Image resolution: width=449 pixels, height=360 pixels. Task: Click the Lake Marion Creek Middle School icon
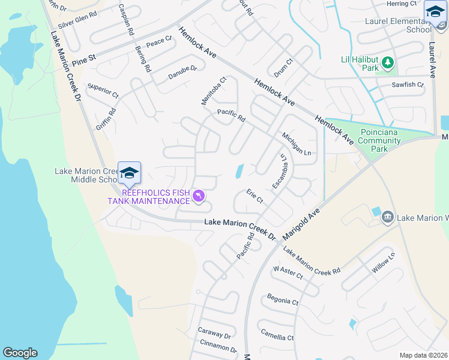click(129, 173)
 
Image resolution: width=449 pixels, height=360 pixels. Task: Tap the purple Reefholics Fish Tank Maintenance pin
click(199, 196)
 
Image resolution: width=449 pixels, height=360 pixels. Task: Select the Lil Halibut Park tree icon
click(388, 62)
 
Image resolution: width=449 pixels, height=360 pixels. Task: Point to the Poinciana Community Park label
click(380, 141)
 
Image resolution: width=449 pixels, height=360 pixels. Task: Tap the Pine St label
click(84, 61)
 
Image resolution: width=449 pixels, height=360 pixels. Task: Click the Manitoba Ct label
click(214, 91)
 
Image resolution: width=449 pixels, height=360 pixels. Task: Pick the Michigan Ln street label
click(297, 145)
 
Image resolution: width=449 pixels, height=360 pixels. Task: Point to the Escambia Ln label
click(280, 172)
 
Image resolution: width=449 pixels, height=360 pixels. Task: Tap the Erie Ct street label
click(255, 196)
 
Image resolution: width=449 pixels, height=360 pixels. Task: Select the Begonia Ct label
click(283, 301)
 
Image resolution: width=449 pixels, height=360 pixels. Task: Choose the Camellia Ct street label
click(277, 335)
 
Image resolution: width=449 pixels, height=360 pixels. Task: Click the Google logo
click(20, 353)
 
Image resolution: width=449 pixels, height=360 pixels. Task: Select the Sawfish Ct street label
click(408, 85)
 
